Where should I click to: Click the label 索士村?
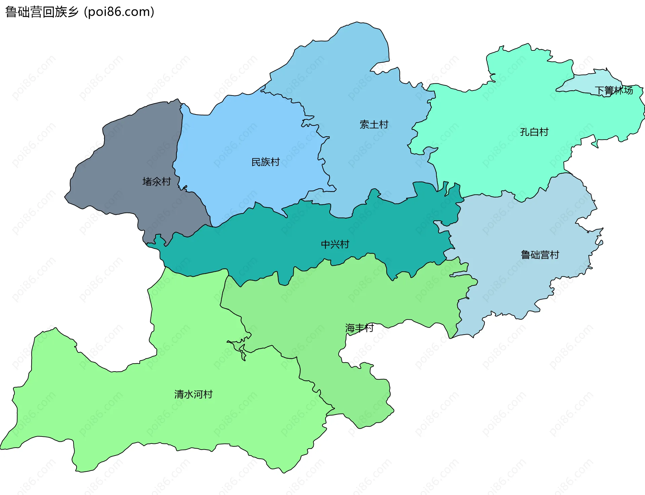(374, 125)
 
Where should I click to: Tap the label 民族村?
(265, 162)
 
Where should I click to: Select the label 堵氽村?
(157, 182)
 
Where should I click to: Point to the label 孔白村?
(534, 132)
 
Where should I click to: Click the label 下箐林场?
(614, 90)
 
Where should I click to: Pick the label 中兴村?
(335, 244)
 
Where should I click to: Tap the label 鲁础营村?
(540, 255)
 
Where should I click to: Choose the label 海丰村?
(359, 328)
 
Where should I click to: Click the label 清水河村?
(193, 394)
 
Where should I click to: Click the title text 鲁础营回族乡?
(42, 12)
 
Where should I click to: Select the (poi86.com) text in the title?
(119, 12)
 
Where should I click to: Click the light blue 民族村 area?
(242, 135)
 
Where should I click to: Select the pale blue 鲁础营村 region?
(521, 286)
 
